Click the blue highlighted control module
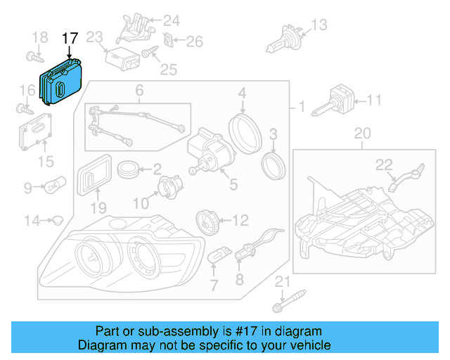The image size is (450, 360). point(62,85)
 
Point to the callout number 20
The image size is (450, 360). point(361,133)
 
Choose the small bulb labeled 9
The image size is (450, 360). point(56,187)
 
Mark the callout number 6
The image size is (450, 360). point(139,91)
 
